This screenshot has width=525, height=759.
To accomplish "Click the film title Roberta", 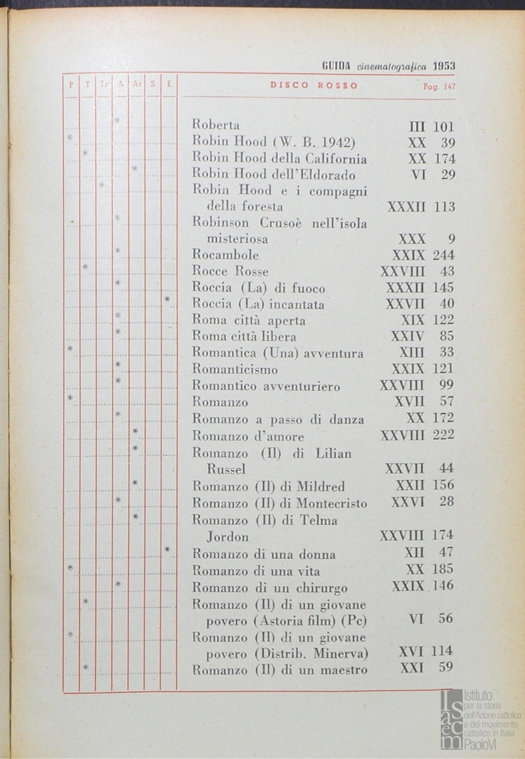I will tap(216, 125).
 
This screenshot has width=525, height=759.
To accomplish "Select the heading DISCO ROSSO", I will tap(314, 86).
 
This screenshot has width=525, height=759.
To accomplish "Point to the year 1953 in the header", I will tap(444, 65).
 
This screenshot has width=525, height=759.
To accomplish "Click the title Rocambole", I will tap(226, 255).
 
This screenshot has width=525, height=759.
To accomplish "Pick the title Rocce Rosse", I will tap(231, 271).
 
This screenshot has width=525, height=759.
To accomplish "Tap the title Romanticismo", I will tap(235, 369).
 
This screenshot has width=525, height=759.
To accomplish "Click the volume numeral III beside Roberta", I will tap(417, 127).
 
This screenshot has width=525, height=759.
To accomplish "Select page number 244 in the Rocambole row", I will tap(443, 255).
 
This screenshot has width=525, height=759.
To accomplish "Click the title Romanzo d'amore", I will tap(248, 436).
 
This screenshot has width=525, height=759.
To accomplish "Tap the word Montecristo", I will tap(332, 503).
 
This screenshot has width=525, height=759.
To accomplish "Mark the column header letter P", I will tap(71, 85).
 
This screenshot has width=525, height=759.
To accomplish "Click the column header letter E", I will tap(169, 85).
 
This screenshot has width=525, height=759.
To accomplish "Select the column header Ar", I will tap(137, 85).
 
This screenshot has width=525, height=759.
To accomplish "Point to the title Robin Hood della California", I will tap(279, 159).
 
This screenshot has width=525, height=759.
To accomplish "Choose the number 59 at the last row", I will tap(446, 668).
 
